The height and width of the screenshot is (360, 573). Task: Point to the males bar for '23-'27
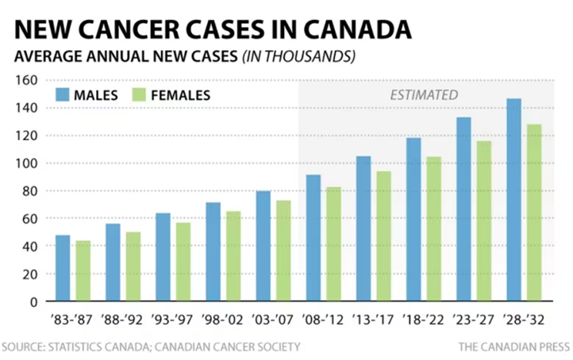point(463,209)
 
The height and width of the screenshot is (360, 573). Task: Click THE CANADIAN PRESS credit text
point(513,347)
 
